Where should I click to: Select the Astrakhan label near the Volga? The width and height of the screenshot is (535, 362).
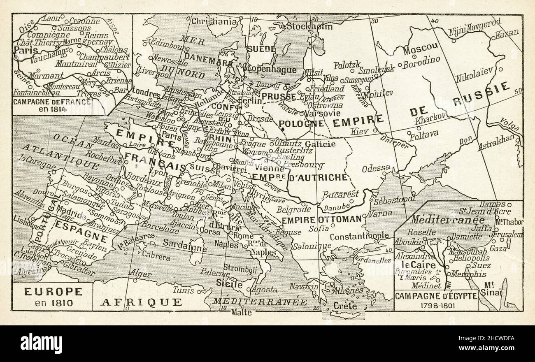tap(496, 142)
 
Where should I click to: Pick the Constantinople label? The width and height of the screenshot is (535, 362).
tap(359, 236)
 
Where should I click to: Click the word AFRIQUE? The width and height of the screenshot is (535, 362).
tap(141, 302)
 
